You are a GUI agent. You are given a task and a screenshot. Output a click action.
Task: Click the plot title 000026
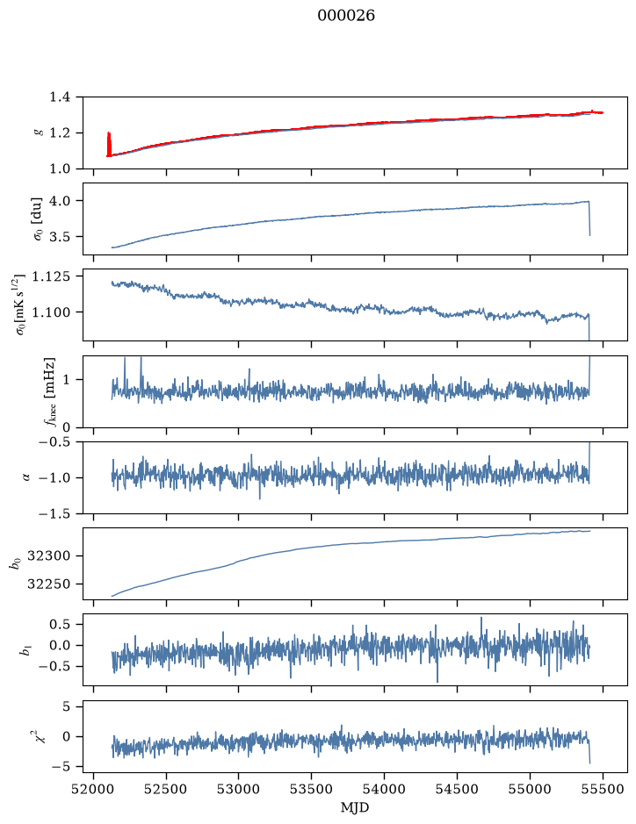click(345, 16)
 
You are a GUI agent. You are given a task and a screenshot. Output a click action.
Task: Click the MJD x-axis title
click(355, 807)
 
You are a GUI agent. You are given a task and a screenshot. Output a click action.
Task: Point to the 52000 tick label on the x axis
click(94, 789)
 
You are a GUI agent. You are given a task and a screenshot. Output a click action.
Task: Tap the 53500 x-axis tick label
click(312, 789)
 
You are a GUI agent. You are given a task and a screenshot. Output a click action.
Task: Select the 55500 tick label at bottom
click(603, 789)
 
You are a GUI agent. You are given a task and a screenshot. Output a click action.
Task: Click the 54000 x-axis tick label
click(384, 789)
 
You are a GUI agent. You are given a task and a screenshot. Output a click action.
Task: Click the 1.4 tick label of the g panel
click(60, 97)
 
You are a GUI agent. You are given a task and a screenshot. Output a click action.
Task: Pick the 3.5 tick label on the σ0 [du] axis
click(60, 236)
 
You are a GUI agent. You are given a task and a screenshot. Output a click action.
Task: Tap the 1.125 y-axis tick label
click(51, 276)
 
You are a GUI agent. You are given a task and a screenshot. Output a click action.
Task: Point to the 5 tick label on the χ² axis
click(66, 706)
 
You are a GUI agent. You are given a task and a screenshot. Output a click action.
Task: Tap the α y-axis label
click(26, 477)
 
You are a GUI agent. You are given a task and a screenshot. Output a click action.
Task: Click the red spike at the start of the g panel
click(109, 143)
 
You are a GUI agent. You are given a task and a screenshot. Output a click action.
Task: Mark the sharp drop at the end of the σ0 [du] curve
click(589, 219)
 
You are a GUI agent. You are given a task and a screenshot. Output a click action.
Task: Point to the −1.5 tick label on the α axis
click(54, 513)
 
